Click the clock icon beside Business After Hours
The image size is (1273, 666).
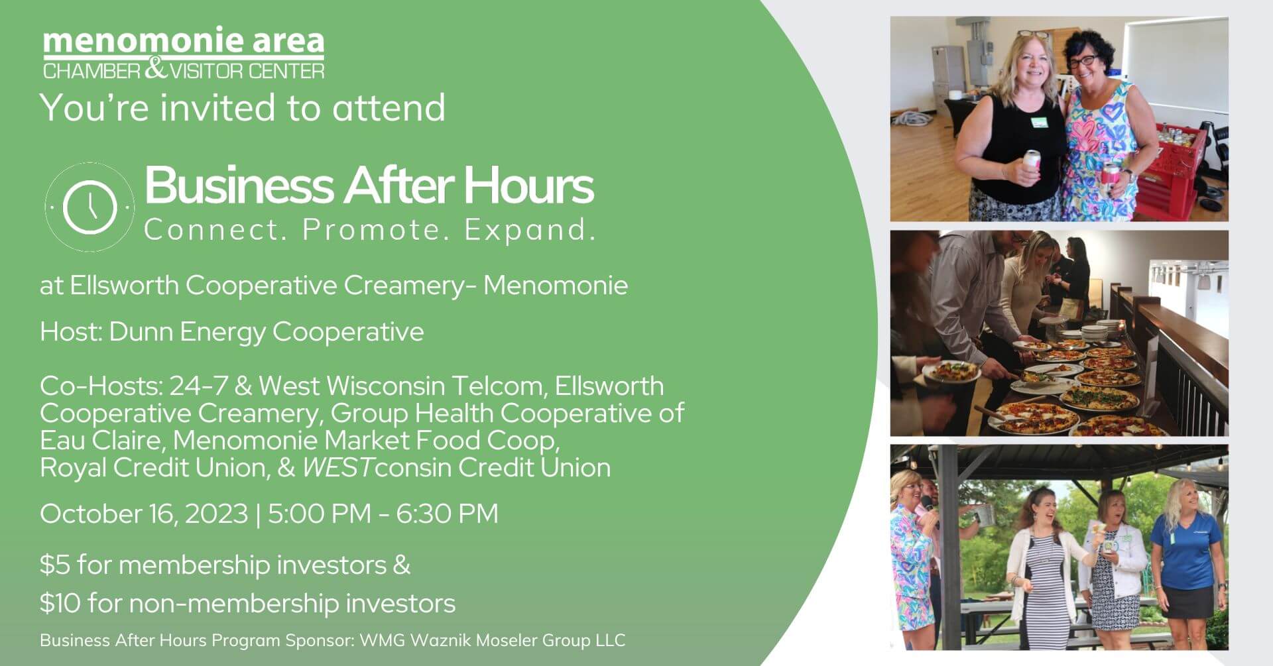coord(90,207)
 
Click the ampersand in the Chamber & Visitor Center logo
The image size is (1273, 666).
coord(155,69)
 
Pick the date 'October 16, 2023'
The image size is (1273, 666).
coord(144,514)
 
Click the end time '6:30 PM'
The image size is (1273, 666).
coord(447,514)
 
